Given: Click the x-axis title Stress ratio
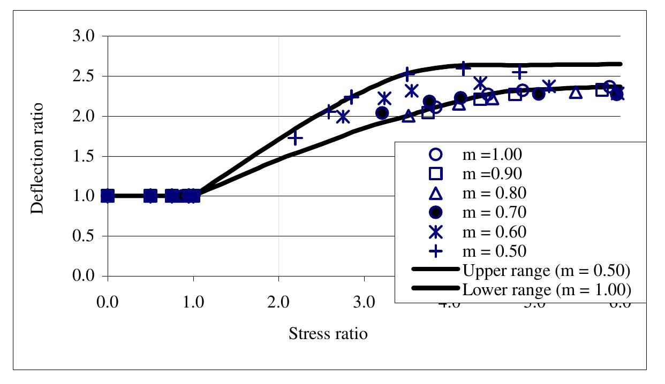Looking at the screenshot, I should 328,335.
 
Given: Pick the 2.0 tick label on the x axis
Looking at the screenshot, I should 278,304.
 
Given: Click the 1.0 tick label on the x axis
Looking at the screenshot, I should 193,304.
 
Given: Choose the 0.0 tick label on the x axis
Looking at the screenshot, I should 108,304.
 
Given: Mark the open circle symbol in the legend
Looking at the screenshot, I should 435,155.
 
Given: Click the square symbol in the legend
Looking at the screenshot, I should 435,174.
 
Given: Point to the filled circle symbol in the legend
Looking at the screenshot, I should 435,212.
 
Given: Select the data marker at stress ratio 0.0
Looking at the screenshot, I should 108,196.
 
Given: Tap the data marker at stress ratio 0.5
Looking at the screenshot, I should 150,196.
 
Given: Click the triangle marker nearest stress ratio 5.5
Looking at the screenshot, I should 576,93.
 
